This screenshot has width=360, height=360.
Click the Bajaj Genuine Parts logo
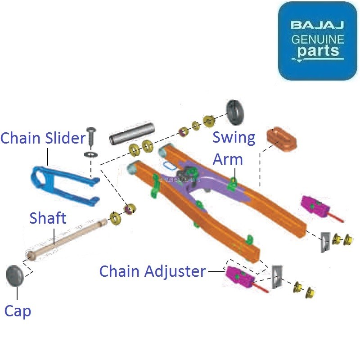(317, 40)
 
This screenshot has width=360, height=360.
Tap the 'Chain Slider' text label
(43, 138)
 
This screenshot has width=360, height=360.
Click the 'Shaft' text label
(48, 218)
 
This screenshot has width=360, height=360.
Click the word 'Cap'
(18, 310)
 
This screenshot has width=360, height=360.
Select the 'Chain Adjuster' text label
(152, 271)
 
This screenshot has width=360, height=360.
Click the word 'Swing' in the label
(234, 137)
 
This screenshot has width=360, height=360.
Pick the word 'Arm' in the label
(228, 159)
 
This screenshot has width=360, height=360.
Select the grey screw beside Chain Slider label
(91, 135)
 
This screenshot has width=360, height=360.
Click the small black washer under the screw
(91, 154)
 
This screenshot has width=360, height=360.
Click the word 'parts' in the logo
(317, 51)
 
